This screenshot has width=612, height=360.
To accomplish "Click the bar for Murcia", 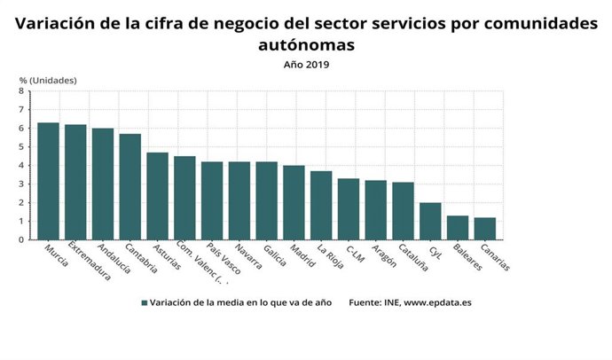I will [x=48, y=181].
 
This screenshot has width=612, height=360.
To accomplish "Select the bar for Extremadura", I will [x=75, y=182].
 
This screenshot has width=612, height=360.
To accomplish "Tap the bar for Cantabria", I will [x=130, y=186].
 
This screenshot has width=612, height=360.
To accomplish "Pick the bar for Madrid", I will [x=294, y=202].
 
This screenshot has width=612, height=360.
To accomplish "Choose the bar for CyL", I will [x=429, y=221].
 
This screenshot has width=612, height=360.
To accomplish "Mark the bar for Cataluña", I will [x=403, y=210].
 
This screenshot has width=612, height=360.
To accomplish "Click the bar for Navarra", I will [x=239, y=200].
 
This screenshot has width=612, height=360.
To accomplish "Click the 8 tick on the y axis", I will [x=21, y=90].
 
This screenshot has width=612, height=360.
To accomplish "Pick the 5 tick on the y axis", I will [x=21, y=146].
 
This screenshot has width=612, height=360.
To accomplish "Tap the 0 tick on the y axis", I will [x=21, y=239].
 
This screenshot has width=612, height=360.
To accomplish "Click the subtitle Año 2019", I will [x=306, y=64].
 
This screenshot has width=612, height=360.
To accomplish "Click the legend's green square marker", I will [x=144, y=302].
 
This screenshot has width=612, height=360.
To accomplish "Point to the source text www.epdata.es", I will [x=437, y=302].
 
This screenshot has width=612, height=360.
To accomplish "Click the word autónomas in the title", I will [x=306, y=43].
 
